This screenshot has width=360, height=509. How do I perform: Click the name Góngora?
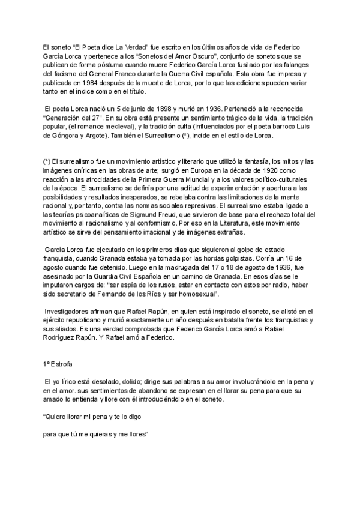[x=60, y=136]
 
